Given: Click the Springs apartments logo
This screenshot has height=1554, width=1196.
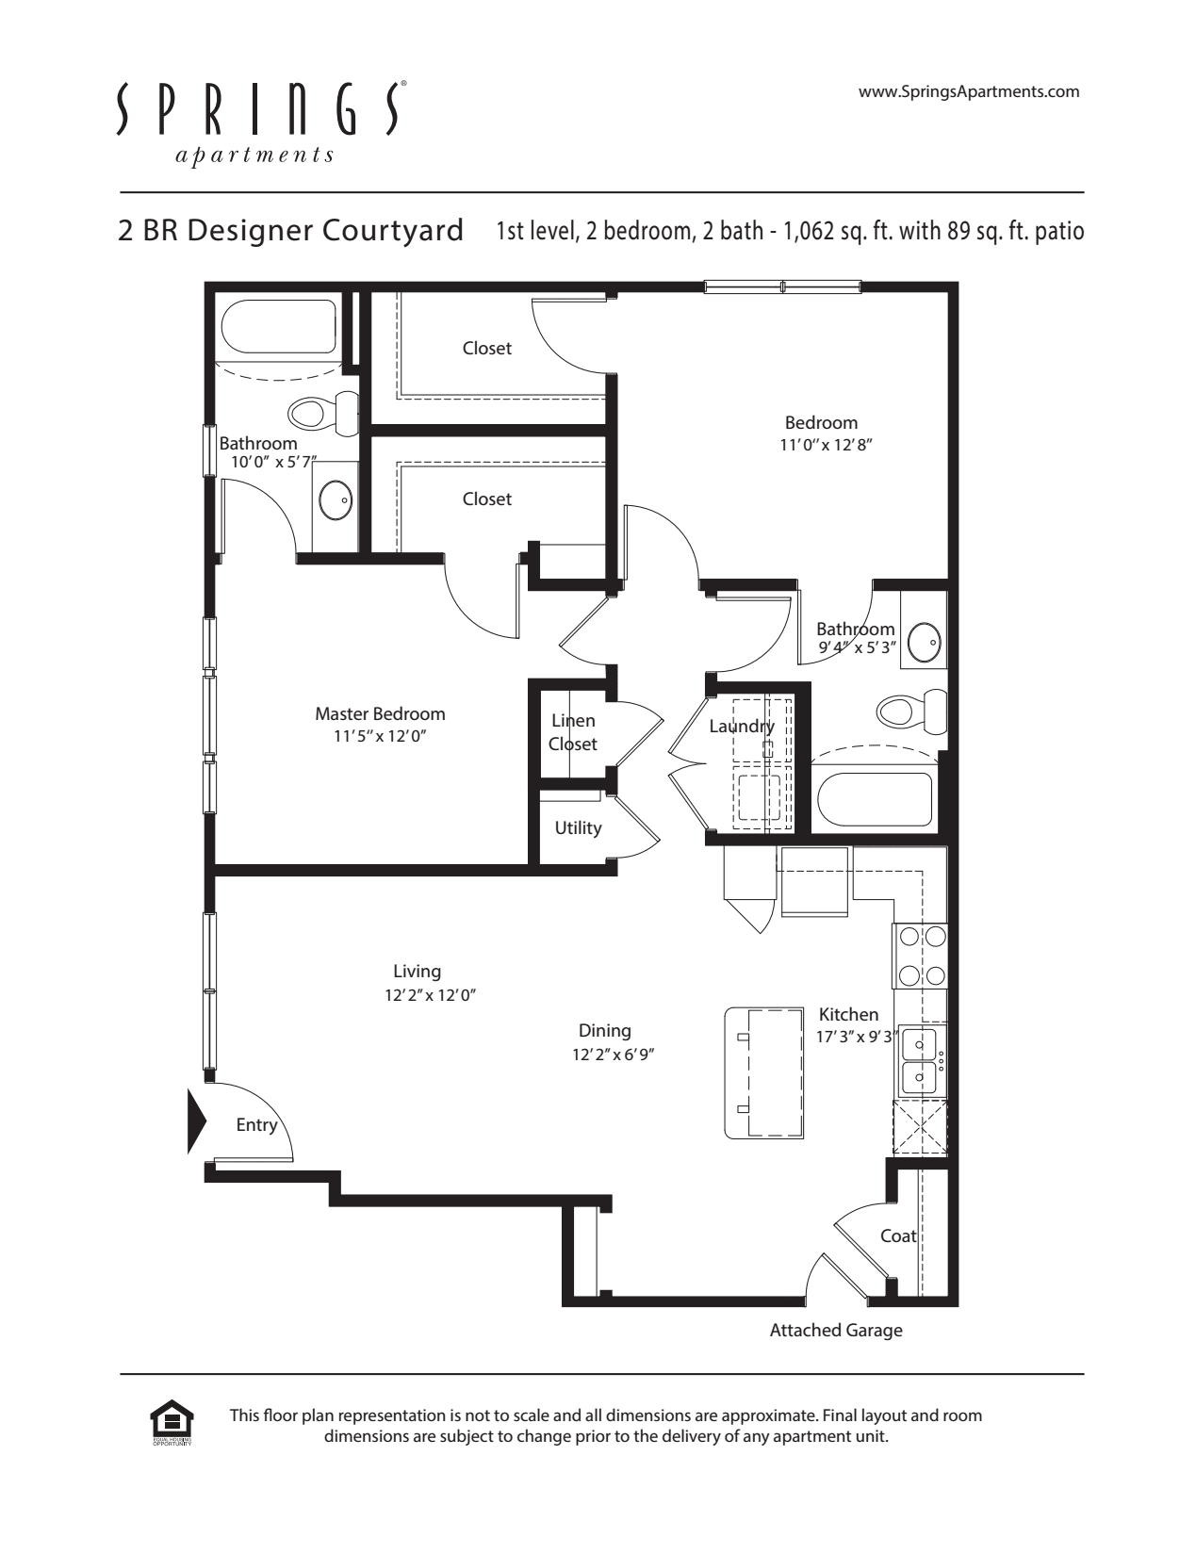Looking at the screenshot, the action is pos(262,123).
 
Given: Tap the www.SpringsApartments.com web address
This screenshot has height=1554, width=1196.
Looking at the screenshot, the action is pos(969,91).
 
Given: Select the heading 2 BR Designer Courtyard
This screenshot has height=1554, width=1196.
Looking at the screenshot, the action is pos(291,230).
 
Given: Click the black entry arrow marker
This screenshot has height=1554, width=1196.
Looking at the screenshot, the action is pos(197,1121).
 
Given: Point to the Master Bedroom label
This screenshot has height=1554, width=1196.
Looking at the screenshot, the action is pos(381,713).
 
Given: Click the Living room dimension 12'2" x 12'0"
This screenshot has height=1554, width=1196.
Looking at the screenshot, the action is pos(431,995).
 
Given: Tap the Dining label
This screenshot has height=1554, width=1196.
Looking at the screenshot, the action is pos(605,1031).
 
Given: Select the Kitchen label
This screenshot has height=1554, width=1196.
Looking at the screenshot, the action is pos(848,1014).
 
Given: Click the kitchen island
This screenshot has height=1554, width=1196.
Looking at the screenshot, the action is pos(764,1073).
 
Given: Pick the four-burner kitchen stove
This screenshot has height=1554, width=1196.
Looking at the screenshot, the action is pos(920,957).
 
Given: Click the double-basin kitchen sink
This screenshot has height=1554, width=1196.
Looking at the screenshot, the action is pos(921,1060).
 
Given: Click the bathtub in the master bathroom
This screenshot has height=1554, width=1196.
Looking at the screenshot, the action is pos(279,328).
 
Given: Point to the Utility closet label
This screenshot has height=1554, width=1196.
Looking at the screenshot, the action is pos(579,828).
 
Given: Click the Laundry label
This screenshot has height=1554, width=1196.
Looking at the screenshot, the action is pos(742,727).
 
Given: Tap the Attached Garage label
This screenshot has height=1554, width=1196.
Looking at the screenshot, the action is pos(836,1331).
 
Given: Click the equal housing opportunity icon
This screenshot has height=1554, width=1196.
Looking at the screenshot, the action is pos(172,1422).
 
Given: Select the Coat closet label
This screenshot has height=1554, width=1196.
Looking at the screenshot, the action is pos(898,1235).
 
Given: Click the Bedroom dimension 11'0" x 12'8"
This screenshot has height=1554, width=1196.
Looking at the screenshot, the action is pos(826,445).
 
